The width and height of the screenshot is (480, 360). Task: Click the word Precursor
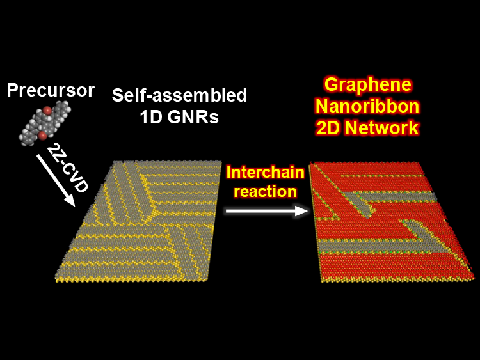(51, 90)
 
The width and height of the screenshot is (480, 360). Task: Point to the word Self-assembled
(179, 96)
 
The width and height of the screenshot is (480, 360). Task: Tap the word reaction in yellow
(264, 191)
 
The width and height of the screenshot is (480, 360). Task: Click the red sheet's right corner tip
(473, 276)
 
